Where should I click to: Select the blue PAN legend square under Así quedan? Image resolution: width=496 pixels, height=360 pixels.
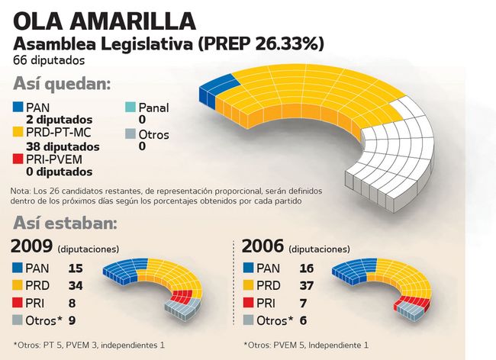(x=18, y=108)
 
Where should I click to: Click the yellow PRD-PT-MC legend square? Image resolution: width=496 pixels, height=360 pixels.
(x=18, y=133)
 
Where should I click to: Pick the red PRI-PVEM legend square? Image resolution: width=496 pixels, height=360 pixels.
(x=18, y=159)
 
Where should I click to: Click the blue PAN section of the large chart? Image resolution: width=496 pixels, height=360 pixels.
(x=209, y=92)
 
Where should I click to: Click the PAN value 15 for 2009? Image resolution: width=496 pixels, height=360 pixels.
(x=75, y=268)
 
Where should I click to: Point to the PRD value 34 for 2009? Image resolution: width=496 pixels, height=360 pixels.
(x=76, y=285)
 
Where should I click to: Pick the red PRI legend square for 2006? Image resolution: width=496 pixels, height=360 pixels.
(x=247, y=303)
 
